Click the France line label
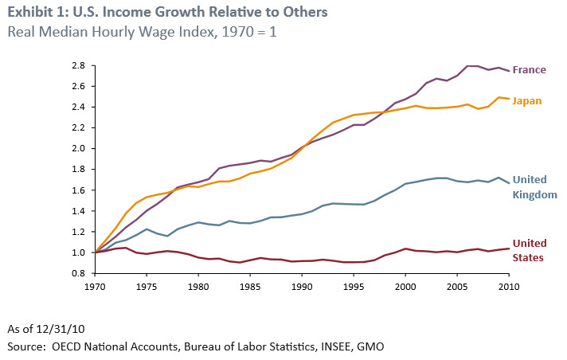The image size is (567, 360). point(529,69)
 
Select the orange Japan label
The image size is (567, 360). point(528,101)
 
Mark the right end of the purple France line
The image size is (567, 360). point(510,71)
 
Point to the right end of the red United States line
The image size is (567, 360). point(510,248)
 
